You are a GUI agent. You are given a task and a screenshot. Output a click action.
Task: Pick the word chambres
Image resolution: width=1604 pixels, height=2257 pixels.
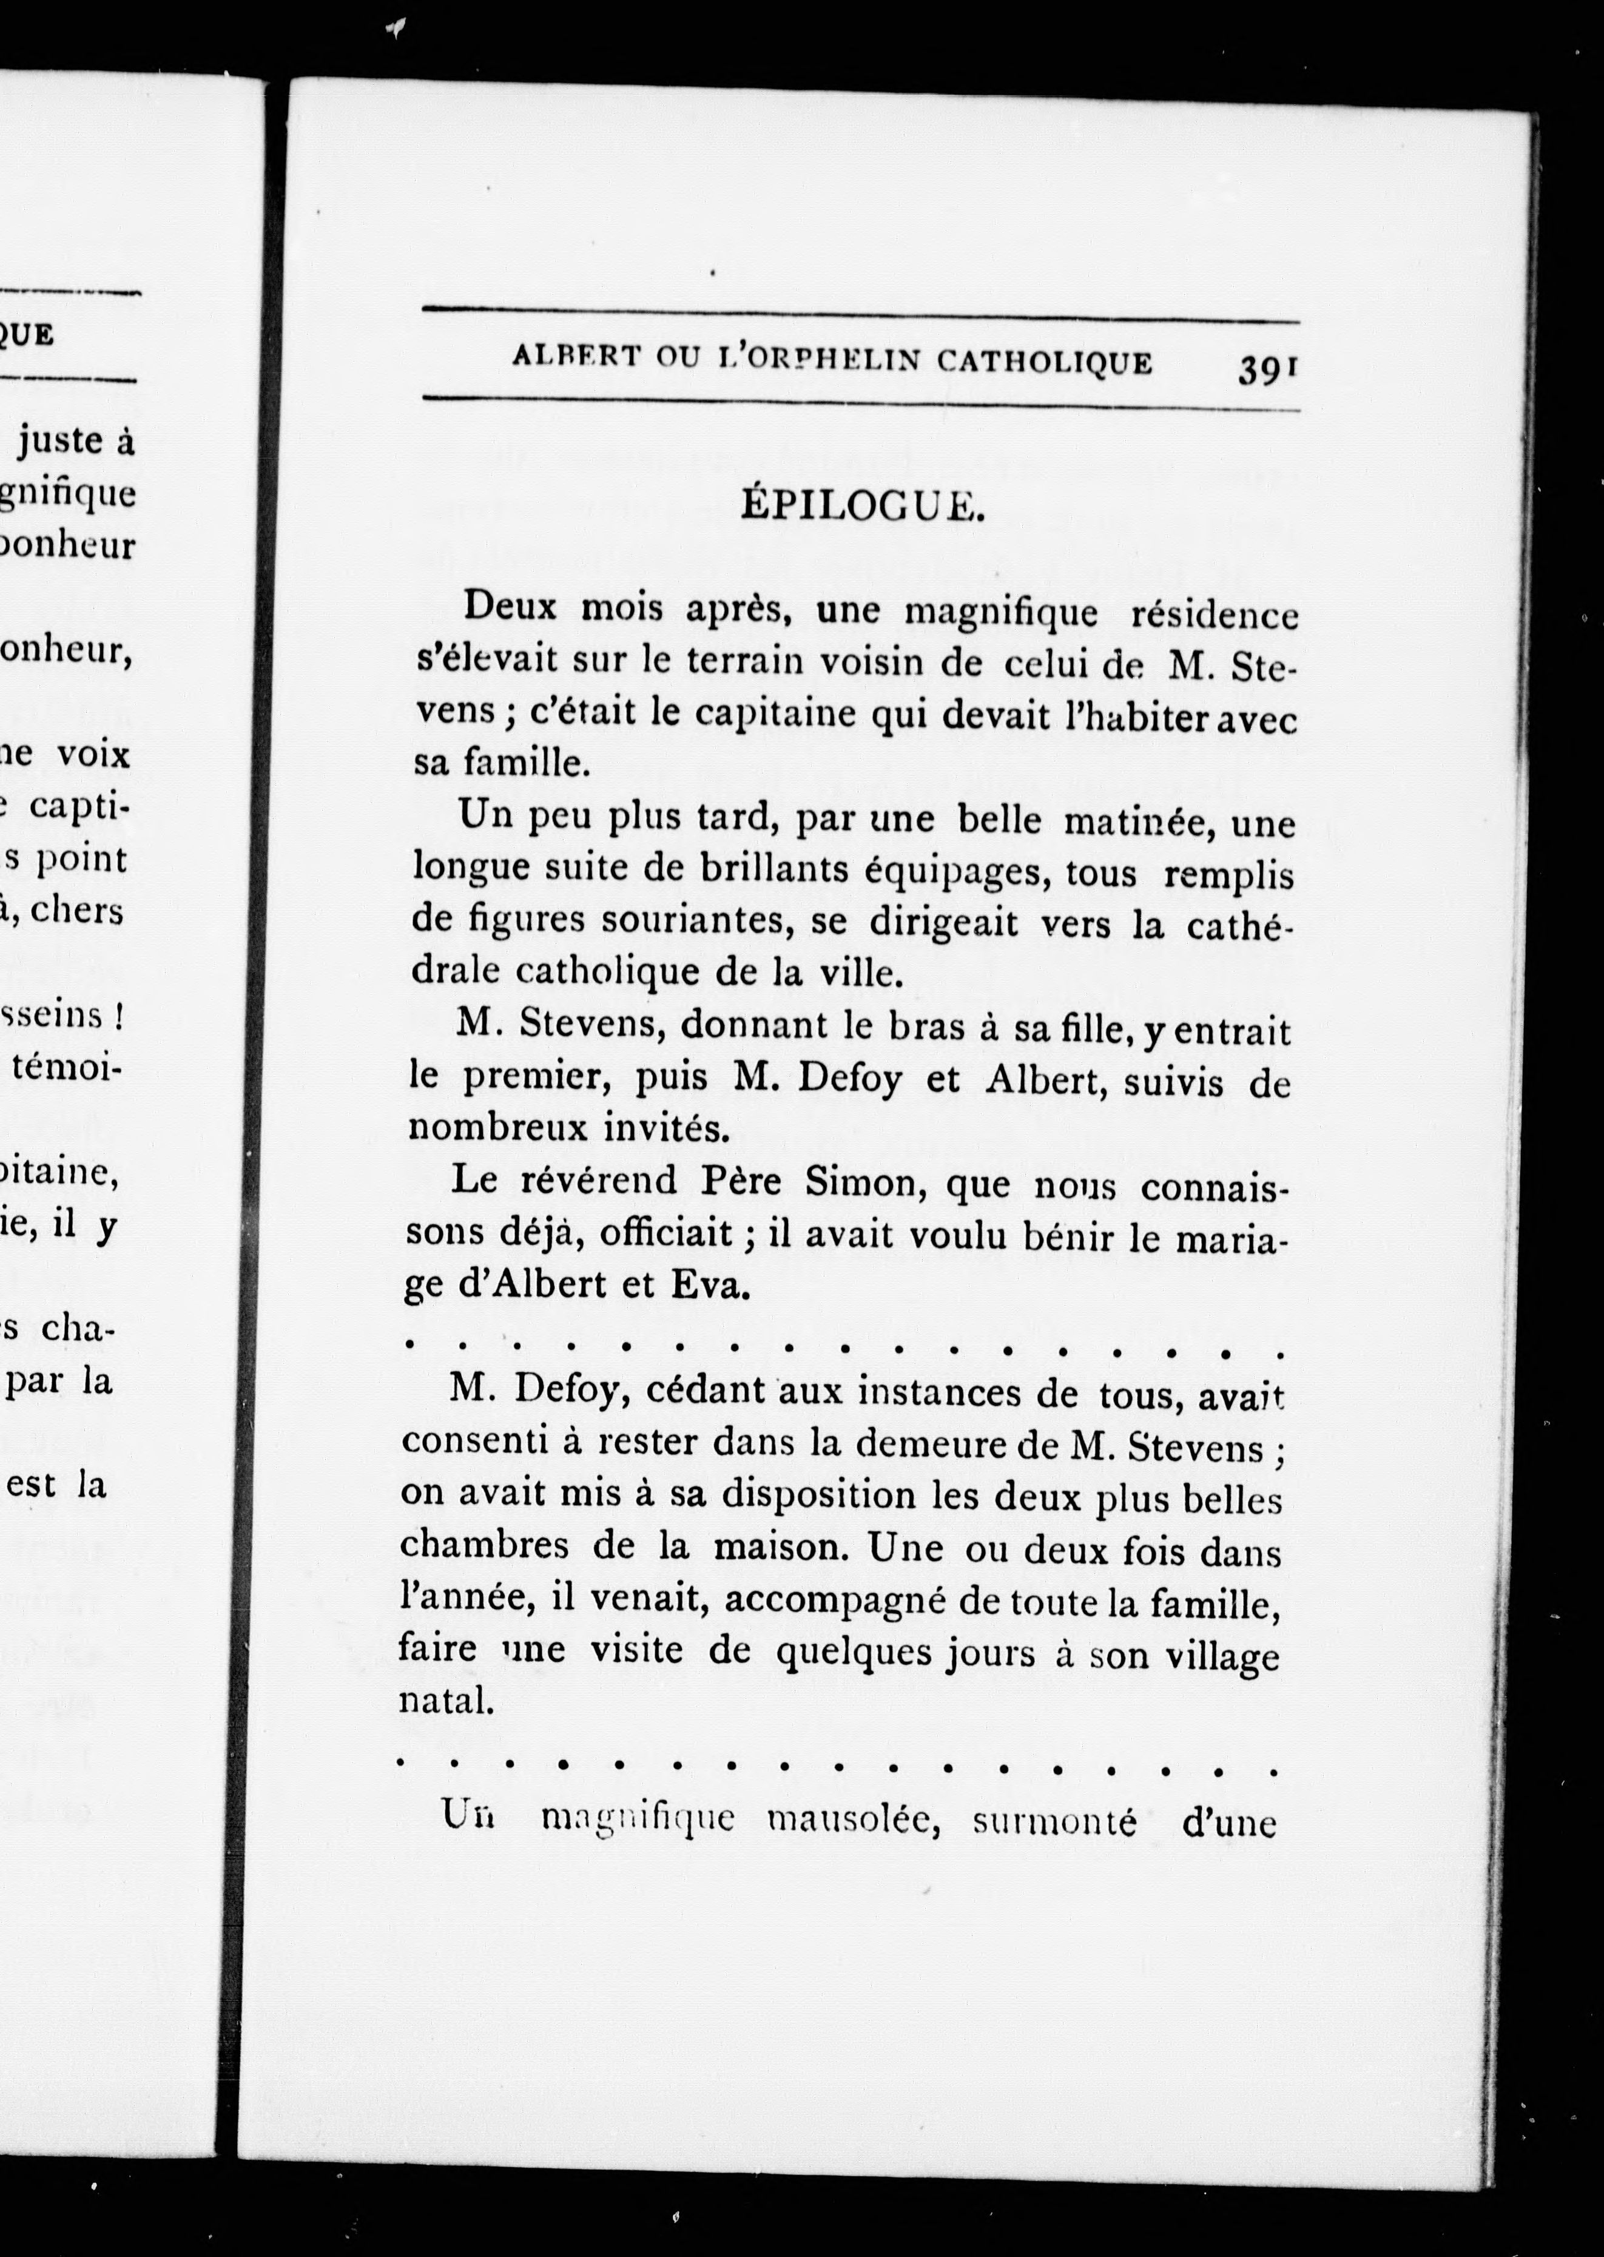tap(484, 1545)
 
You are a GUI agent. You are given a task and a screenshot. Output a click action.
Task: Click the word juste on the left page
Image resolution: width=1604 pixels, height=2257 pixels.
tap(61, 440)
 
